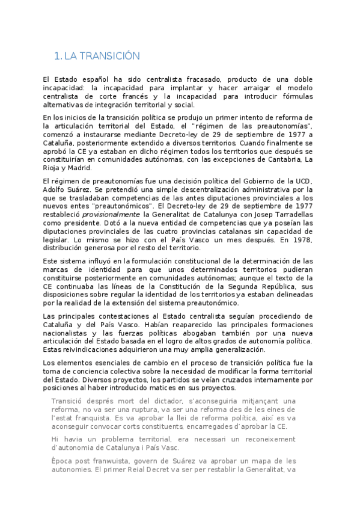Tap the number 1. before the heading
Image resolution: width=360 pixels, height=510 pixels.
(58, 57)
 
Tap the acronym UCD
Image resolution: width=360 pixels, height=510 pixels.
(304, 181)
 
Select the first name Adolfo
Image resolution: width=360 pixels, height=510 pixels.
(56, 189)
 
